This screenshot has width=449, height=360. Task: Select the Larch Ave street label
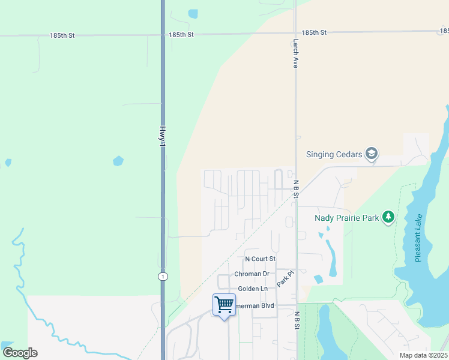click(x=295, y=53)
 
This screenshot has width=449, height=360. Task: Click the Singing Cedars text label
click(x=334, y=154)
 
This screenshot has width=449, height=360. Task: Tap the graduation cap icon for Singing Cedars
click(x=372, y=154)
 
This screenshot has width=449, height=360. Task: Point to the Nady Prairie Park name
click(x=347, y=218)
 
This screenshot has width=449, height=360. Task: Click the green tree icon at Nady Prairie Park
click(x=388, y=217)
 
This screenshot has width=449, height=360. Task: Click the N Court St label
click(x=260, y=259)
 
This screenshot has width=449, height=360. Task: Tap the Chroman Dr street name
click(x=252, y=274)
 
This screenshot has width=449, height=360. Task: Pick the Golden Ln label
click(x=253, y=289)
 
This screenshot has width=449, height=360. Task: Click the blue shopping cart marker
click(x=224, y=305)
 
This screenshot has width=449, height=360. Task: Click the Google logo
click(x=20, y=353)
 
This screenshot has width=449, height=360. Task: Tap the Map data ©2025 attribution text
click(x=423, y=355)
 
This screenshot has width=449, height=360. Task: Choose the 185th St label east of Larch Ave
click(x=314, y=32)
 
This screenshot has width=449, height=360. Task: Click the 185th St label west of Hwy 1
click(x=62, y=35)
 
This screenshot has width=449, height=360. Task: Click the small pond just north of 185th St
click(x=193, y=13)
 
